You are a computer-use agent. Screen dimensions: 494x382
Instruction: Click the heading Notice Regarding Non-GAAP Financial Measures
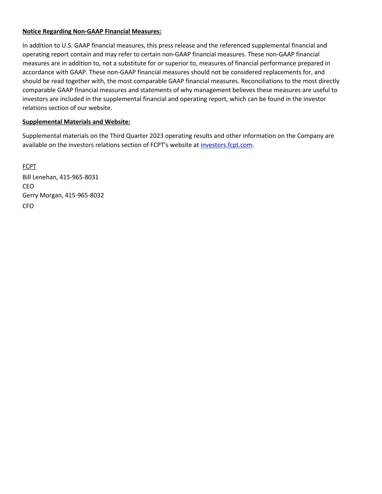tap(92, 31)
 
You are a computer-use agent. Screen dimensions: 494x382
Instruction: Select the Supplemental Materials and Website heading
tap(76, 122)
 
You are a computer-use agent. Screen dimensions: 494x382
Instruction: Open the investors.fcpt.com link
tap(226, 145)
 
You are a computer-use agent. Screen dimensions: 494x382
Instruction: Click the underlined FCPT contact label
tap(29, 166)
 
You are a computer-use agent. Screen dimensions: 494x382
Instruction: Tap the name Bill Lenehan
tap(39, 177)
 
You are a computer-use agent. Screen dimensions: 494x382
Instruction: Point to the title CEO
tap(28, 186)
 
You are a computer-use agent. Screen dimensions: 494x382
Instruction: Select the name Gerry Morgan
tap(42, 195)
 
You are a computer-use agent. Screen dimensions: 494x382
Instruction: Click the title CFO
tap(28, 206)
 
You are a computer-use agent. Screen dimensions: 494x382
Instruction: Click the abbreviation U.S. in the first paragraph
tap(67, 46)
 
